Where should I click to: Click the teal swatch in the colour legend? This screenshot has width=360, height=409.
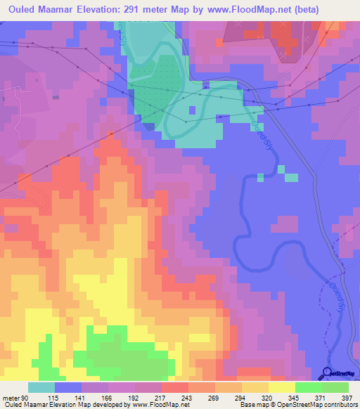coord(41,387)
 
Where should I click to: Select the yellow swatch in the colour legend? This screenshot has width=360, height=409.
coord(281,387)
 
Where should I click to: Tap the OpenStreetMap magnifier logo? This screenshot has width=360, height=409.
coord(327,373)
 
